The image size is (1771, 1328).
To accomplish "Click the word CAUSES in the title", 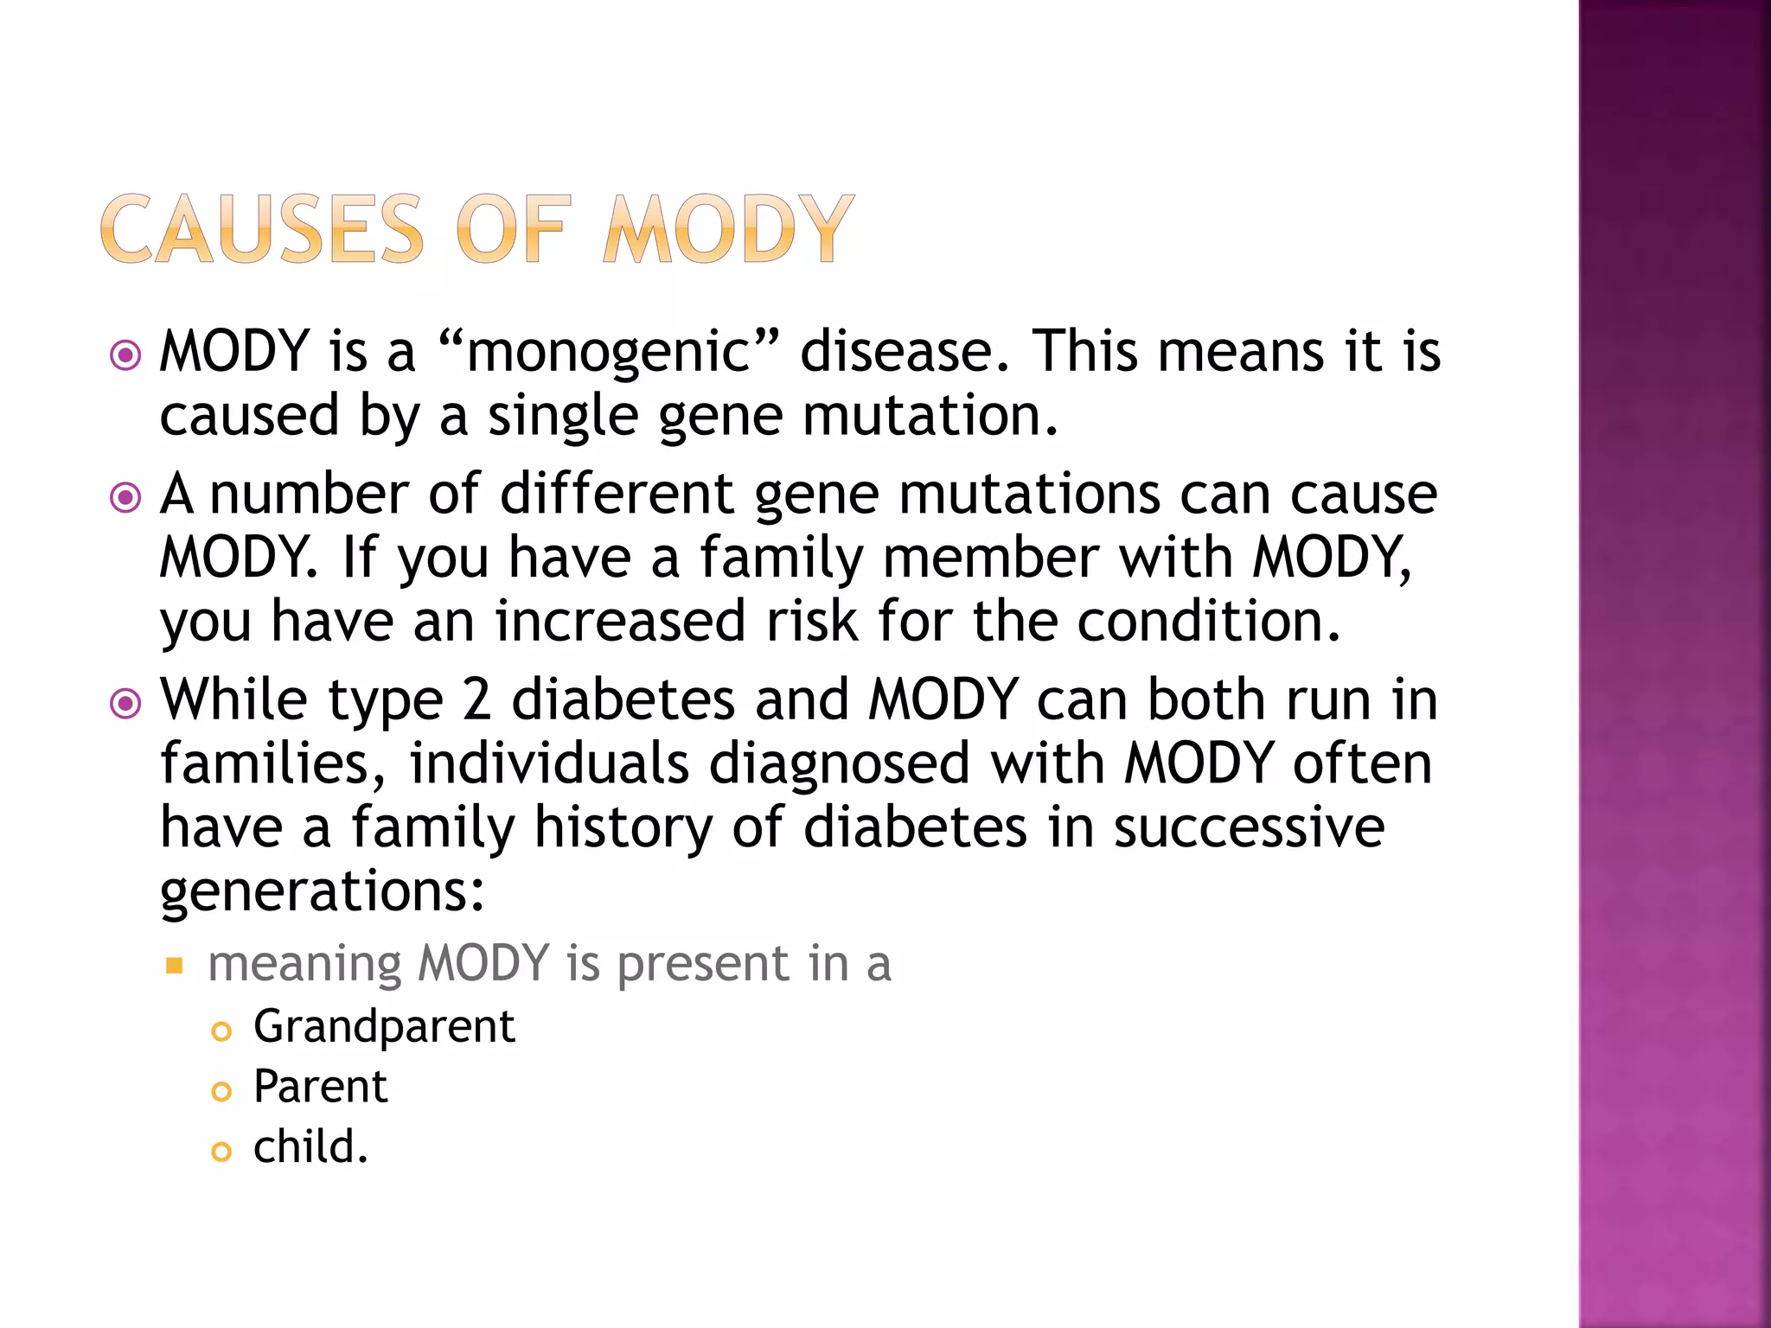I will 262,229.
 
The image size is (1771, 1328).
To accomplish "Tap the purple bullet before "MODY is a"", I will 126,354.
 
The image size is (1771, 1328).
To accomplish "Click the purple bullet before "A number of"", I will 126,497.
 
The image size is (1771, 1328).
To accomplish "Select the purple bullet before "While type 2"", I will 126,703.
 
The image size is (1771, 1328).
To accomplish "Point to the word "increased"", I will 619,622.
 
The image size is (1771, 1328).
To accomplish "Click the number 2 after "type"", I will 476,699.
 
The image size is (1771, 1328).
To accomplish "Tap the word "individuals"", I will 548,764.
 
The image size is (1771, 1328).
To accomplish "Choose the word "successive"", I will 1248,827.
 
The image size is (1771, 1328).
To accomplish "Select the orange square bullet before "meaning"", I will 175,965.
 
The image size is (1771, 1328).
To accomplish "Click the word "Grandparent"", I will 384,1028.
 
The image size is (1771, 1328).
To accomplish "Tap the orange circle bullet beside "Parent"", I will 221,1091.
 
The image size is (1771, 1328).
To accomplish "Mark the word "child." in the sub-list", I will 310,1147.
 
